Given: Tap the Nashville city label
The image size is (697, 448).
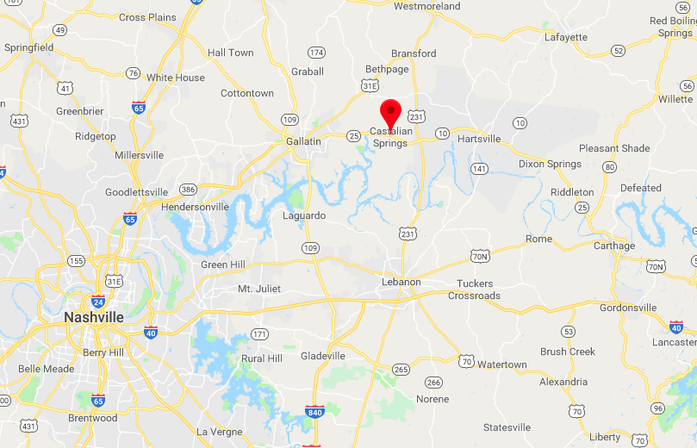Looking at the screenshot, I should (x=93, y=318).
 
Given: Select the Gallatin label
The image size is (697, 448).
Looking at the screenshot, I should (x=303, y=140).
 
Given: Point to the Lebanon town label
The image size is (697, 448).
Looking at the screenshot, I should (x=401, y=282).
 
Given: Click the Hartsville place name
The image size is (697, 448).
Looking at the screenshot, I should (x=479, y=139).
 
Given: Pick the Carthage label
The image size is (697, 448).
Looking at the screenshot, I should (x=614, y=246).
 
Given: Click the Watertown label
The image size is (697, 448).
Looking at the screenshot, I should (x=501, y=364).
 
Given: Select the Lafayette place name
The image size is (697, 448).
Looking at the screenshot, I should (x=566, y=37).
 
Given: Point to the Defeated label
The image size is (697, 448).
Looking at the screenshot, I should (x=641, y=188).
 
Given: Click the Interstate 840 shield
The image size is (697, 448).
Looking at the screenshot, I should (x=314, y=413).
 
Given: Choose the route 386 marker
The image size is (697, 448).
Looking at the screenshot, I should (x=189, y=190).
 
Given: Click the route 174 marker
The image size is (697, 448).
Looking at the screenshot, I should (x=316, y=53).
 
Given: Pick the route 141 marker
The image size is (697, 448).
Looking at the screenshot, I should (x=480, y=168).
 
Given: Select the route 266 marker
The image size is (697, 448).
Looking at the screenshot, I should (x=433, y=383).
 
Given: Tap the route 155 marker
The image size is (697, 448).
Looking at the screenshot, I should (x=77, y=260).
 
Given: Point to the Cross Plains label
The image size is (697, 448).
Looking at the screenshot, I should (x=146, y=17).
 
